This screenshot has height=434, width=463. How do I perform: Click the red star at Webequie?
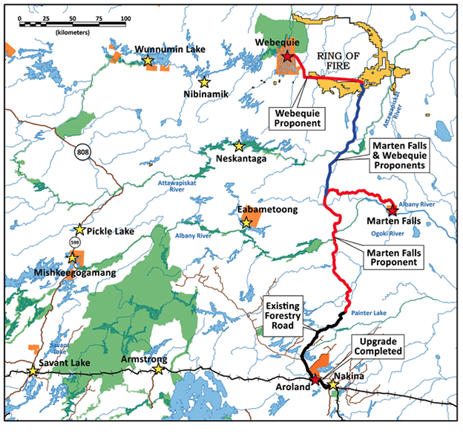point(287,56)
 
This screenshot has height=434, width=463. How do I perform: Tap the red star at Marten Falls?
point(393,210)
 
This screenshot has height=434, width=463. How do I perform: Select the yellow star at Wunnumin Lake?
point(148,60)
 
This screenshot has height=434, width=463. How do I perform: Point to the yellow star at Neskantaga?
point(240,146)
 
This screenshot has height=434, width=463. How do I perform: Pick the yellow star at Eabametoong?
point(246,221)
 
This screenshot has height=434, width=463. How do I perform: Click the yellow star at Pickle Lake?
point(80,231)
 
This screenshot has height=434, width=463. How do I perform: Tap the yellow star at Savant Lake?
point(33,372)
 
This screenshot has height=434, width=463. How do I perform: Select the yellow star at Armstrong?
point(158,369)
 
